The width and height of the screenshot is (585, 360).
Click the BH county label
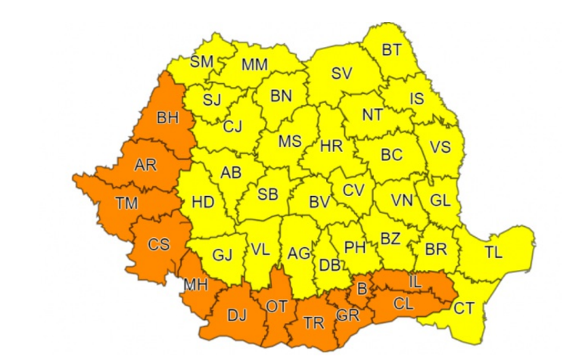point(169,118)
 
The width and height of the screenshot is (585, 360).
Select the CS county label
point(159,244)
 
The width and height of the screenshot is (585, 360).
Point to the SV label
point(343,74)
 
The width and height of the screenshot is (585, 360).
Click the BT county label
point(391,51)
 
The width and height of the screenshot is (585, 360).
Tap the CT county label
point(464,307)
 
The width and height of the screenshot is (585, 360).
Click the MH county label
point(196,284)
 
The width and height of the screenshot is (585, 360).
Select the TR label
point(313,324)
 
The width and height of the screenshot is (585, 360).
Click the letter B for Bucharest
point(361,288)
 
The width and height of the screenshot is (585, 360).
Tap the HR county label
point(331,145)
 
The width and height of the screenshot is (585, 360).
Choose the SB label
point(267,194)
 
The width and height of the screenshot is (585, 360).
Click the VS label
point(440,147)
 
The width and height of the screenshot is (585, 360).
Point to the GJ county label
point(222,255)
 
